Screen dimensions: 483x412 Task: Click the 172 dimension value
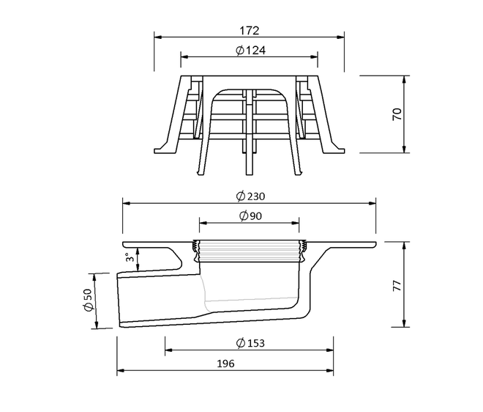tap(250, 31)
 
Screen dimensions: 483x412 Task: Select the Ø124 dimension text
tap(251, 51)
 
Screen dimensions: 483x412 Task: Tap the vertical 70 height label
tap(397, 114)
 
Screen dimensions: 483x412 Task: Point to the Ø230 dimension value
tap(250, 196)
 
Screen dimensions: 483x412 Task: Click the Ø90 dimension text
tap(251, 216)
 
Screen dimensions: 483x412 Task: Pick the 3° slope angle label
tap(130, 257)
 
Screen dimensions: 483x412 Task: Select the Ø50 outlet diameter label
tap(88, 300)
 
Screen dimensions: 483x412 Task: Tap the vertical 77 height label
tap(397, 286)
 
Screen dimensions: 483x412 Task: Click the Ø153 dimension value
tap(250, 343)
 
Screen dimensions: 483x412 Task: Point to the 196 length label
tap(226, 364)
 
